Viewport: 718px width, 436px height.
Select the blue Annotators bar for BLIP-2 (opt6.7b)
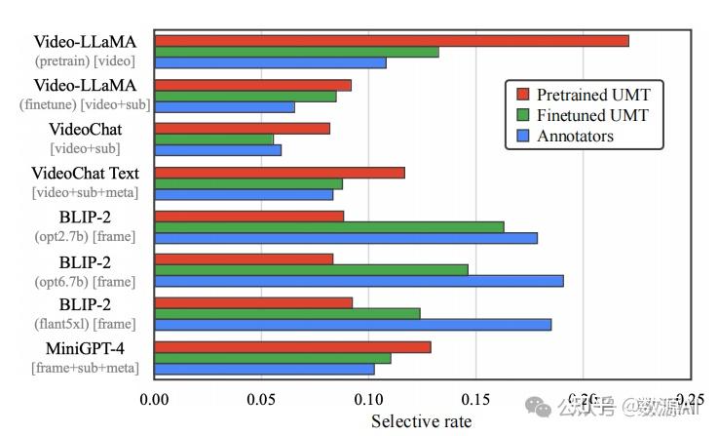point(359,281)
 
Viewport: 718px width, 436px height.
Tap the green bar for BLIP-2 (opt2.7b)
point(329,227)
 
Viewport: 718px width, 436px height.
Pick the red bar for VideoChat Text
point(280,173)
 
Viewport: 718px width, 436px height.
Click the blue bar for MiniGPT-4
point(264,369)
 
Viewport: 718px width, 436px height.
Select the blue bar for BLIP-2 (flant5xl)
point(353,325)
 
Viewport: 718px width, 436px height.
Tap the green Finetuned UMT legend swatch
point(522,115)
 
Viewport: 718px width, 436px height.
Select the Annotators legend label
point(575,136)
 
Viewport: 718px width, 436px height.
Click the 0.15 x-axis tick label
point(475,399)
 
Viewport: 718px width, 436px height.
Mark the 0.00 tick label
point(155,399)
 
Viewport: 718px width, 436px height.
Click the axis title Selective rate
point(421,421)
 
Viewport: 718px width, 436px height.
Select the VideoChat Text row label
point(86,174)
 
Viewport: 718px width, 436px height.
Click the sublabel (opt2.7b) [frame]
point(86,236)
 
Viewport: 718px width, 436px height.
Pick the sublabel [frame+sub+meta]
point(85,368)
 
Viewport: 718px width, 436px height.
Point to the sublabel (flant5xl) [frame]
point(86,324)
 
